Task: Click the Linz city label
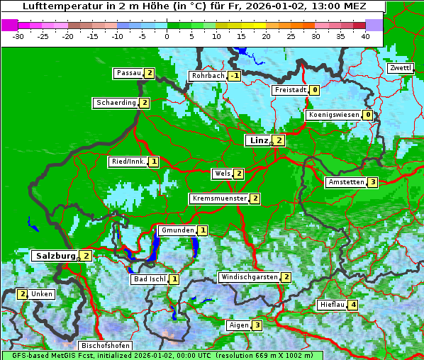click(258, 140)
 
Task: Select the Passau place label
click(129, 73)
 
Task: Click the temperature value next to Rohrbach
click(234, 76)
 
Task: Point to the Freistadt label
click(291, 90)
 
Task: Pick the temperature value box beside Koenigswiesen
click(367, 115)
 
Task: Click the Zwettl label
click(401, 68)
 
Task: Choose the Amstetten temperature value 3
click(373, 182)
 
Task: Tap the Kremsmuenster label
click(220, 198)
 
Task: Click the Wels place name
click(222, 174)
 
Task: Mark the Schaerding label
click(116, 103)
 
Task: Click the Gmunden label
click(177, 230)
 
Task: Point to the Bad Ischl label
click(150, 279)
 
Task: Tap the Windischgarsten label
click(249, 277)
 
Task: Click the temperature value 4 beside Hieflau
click(353, 305)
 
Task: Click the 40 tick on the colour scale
click(365, 37)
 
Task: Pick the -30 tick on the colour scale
click(18, 37)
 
